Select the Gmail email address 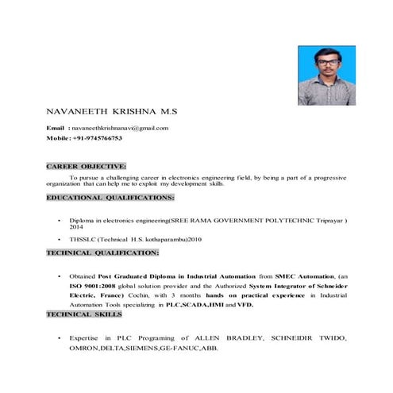point(118,128)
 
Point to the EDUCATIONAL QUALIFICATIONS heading point(110,196)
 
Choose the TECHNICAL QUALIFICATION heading point(102,252)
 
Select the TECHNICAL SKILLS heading point(85,314)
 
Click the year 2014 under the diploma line point(76,227)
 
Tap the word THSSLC point(82,239)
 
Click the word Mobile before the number point(58,138)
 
